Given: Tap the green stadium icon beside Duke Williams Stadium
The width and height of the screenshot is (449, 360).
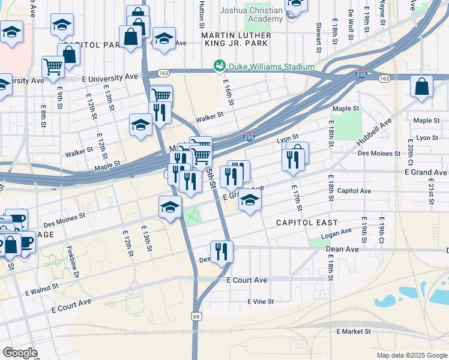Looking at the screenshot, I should (x=220, y=65).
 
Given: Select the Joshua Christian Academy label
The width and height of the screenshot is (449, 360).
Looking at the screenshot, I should (x=252, y=14).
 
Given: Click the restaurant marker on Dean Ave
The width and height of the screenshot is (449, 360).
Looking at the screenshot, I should (x=221, y=252).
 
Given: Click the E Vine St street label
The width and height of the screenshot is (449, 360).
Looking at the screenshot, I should (x=261, y=301).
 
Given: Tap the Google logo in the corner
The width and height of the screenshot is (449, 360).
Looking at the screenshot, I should (x=20, y=353).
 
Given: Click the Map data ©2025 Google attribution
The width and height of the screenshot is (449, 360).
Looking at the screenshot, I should (x=411, y=355).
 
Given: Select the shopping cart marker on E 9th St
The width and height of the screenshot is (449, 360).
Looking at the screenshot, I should (x=53, y=67).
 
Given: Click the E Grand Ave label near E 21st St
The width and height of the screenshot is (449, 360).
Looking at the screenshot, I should (x=425, y=172).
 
